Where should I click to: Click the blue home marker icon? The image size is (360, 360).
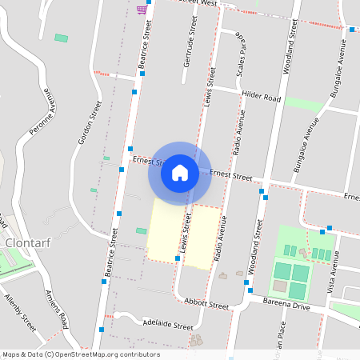point(180,172)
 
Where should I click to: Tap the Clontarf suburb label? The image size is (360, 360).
point(28,242)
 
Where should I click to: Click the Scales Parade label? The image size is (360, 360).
point(239,53)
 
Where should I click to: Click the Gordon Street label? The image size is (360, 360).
point(88,122)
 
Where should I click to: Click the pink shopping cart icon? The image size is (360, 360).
point(142,9)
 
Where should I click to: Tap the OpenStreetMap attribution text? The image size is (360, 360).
point(81,354)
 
